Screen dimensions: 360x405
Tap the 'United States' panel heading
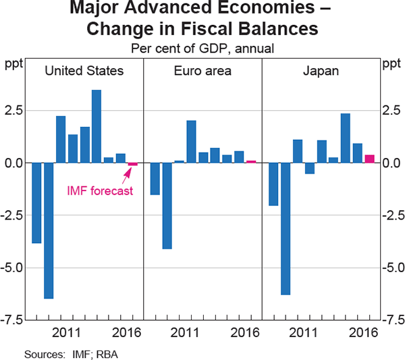tap(84, 70)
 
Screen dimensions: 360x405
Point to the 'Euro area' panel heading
tap(202, 70)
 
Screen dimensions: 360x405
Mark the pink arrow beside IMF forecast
tap(126, 175)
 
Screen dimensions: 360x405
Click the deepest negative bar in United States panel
tap(49, 230)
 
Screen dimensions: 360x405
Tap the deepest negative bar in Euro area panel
tap(167, 205)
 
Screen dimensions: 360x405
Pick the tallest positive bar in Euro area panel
tap(191, 142)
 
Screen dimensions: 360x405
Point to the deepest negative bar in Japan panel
tap(286, 228)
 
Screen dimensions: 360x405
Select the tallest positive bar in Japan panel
tap(345, 138)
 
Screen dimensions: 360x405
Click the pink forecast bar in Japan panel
tap(369, 159)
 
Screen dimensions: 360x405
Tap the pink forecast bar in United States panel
tap(132, 164)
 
